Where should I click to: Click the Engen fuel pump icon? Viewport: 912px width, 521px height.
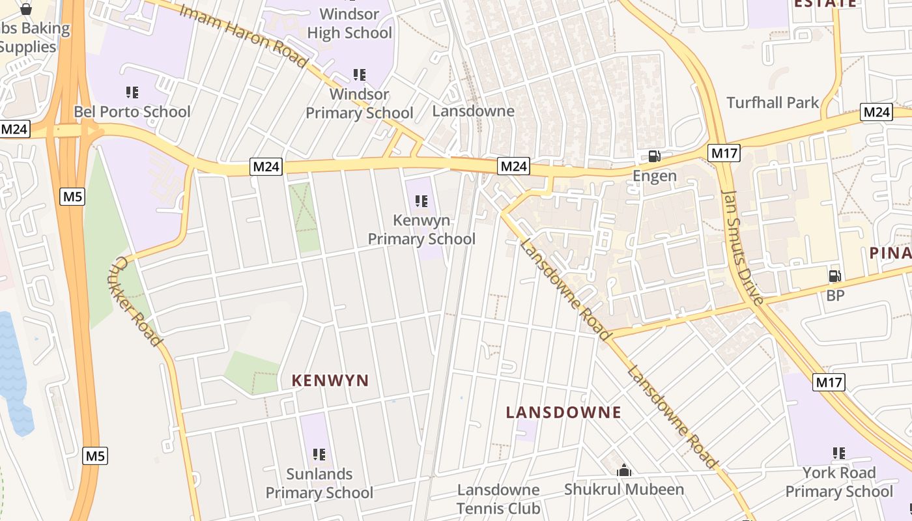pyautogui.click(x=654, y=156)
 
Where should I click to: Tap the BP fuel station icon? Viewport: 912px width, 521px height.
pyautogui.click(x=834, y=276)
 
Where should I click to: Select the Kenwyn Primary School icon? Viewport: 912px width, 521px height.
pyautogui.click(x=421, y=202)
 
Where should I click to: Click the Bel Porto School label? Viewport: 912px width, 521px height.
pyautogui.click(x=132, y=111)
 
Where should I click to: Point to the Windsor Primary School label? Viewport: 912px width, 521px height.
pyautogui.click(x=360, y=104)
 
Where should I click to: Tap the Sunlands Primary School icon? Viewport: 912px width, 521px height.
pyautogui.click(x=319, y=455)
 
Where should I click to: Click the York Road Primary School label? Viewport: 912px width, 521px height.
pyautogui.click(x=838, y=482)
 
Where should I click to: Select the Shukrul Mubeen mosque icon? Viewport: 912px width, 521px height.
pyautogui.click(x=624, y=470)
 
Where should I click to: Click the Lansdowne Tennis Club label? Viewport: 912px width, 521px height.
pyautogui.click(x=498, y=499)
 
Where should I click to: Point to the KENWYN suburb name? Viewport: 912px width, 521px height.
pyautogui.click(x=330, y=380)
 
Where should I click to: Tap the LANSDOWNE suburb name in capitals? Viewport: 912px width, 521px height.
pyautogui.click(x=563, y=412)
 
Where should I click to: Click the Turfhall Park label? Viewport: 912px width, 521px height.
pyautogui.click(x=773, y=102)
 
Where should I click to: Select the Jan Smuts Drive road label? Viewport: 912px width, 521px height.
pyautogui.click(x=742, y=247)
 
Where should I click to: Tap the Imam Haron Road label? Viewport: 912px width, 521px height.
pyautogui.click(x=242, y=36)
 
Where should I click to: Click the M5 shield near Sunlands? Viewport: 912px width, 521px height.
pyautogui.click(x=95, y=456)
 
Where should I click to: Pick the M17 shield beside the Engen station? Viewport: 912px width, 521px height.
pyautogui.click(x=724, y=154)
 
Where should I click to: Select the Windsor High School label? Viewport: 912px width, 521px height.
pyautogui.click(x=350, y=23)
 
